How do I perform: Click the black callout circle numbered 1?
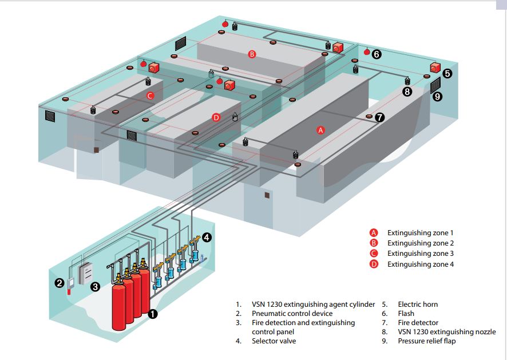tap(153, 313)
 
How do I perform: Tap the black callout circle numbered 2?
tap(60, 282)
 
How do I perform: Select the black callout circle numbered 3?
tap(96, 286)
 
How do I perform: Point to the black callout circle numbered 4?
tap(207, 236)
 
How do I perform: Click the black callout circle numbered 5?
tap(447, 73)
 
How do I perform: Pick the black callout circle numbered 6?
tap(376, 54)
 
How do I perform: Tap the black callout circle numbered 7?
tap(380, 117)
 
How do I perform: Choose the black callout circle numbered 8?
tap(407, 91)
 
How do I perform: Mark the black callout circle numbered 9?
tap(438, 97)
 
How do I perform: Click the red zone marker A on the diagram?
tap(320, 130)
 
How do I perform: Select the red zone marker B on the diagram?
tap(252, 54)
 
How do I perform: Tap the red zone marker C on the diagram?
tap(150, 96)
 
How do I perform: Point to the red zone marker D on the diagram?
tap(216, 117)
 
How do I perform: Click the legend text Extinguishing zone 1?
tap(420, 233)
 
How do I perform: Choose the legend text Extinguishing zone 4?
tap(420, 264)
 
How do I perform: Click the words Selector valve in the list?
tap(274, 341)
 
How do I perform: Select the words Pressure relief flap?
tap(427, 341)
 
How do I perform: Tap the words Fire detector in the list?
tap(418, 323)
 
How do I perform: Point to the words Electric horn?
tap(418, 304)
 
